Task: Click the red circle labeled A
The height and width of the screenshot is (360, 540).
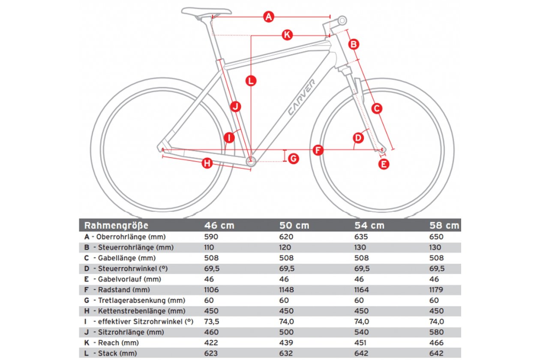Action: pos(269,17)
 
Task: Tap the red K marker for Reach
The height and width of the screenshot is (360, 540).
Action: pos(287,35)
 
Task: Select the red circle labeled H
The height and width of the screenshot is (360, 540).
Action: pos(207,163)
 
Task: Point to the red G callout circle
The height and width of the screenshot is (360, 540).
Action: pos(294,159)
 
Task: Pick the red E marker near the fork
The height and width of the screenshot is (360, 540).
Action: pos(384,164)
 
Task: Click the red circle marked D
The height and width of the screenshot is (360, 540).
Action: pos(358,138)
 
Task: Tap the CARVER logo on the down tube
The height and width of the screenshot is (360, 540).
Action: pos(301,97)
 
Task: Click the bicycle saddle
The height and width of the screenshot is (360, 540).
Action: pos(207,12)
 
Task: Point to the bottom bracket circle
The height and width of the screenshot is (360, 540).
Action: pos(251,161)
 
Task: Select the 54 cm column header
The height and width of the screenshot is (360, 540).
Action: pos(369,225)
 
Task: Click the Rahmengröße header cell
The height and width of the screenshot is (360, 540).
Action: pos(116,225)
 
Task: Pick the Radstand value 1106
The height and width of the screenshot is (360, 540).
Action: pos(211,290)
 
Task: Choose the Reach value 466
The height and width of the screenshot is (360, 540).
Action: pos(436,342)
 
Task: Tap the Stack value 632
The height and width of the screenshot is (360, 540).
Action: pos(286,353)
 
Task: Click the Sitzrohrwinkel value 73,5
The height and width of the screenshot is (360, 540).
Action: pos(212,322)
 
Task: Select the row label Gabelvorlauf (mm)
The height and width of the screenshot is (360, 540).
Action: pos(129,279)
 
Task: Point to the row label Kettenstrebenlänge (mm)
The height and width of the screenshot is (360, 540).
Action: pos(141,311)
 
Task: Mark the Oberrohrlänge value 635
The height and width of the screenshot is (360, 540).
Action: pos(361,237)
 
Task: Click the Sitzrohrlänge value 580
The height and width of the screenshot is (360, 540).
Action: pos(436,332)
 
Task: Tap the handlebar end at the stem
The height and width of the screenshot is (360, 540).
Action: pos(342,21)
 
